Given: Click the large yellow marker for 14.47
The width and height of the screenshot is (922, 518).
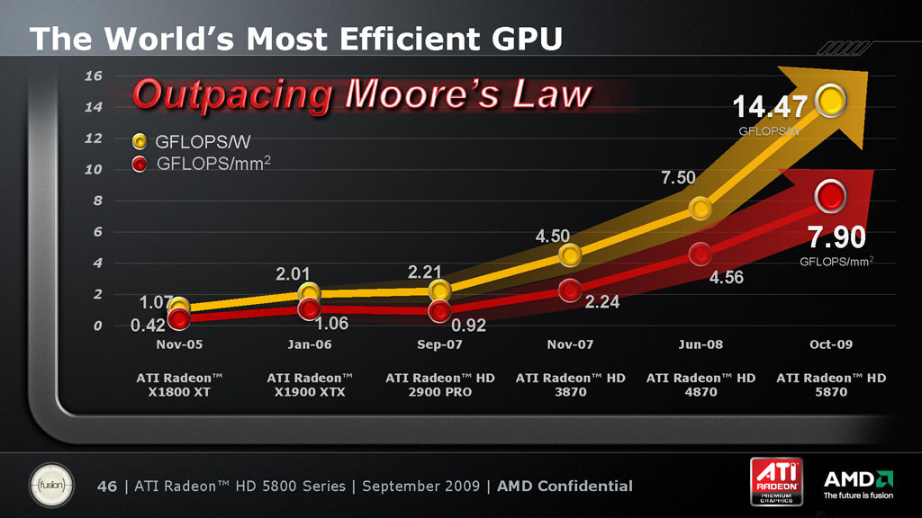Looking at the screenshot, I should click(x=830, y=101).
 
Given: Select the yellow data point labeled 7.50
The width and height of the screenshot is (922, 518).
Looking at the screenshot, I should click(x=701, y=209).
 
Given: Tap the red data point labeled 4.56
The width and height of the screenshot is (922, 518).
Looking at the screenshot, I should click(x=701, y=254).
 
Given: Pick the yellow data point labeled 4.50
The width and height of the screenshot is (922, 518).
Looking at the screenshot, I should click(x=570, y=255).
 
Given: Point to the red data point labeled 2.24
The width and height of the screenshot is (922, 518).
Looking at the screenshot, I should click(x=570, y=290).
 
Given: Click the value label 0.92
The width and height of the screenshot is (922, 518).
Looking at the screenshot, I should click(x=468, y=326).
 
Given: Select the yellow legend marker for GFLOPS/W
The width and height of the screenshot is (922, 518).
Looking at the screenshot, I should click(x=140, y=141).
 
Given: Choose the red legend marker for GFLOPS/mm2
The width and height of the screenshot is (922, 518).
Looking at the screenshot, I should click(x=140, y=164).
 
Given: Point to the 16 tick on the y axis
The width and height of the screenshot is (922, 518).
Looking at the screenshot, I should click(x=93, y=76).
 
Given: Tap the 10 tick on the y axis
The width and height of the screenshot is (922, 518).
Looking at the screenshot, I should click(x=93, y=170).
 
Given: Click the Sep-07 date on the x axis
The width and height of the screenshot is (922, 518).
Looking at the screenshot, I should click(x=440, y=344).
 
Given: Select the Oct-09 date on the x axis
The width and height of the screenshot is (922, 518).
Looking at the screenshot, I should click(x=831, y=344).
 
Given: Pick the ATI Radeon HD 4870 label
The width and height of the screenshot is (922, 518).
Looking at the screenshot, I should click(x=701, y=385).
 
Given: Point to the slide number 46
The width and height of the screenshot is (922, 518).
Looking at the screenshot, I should click(x=107, y=487).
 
